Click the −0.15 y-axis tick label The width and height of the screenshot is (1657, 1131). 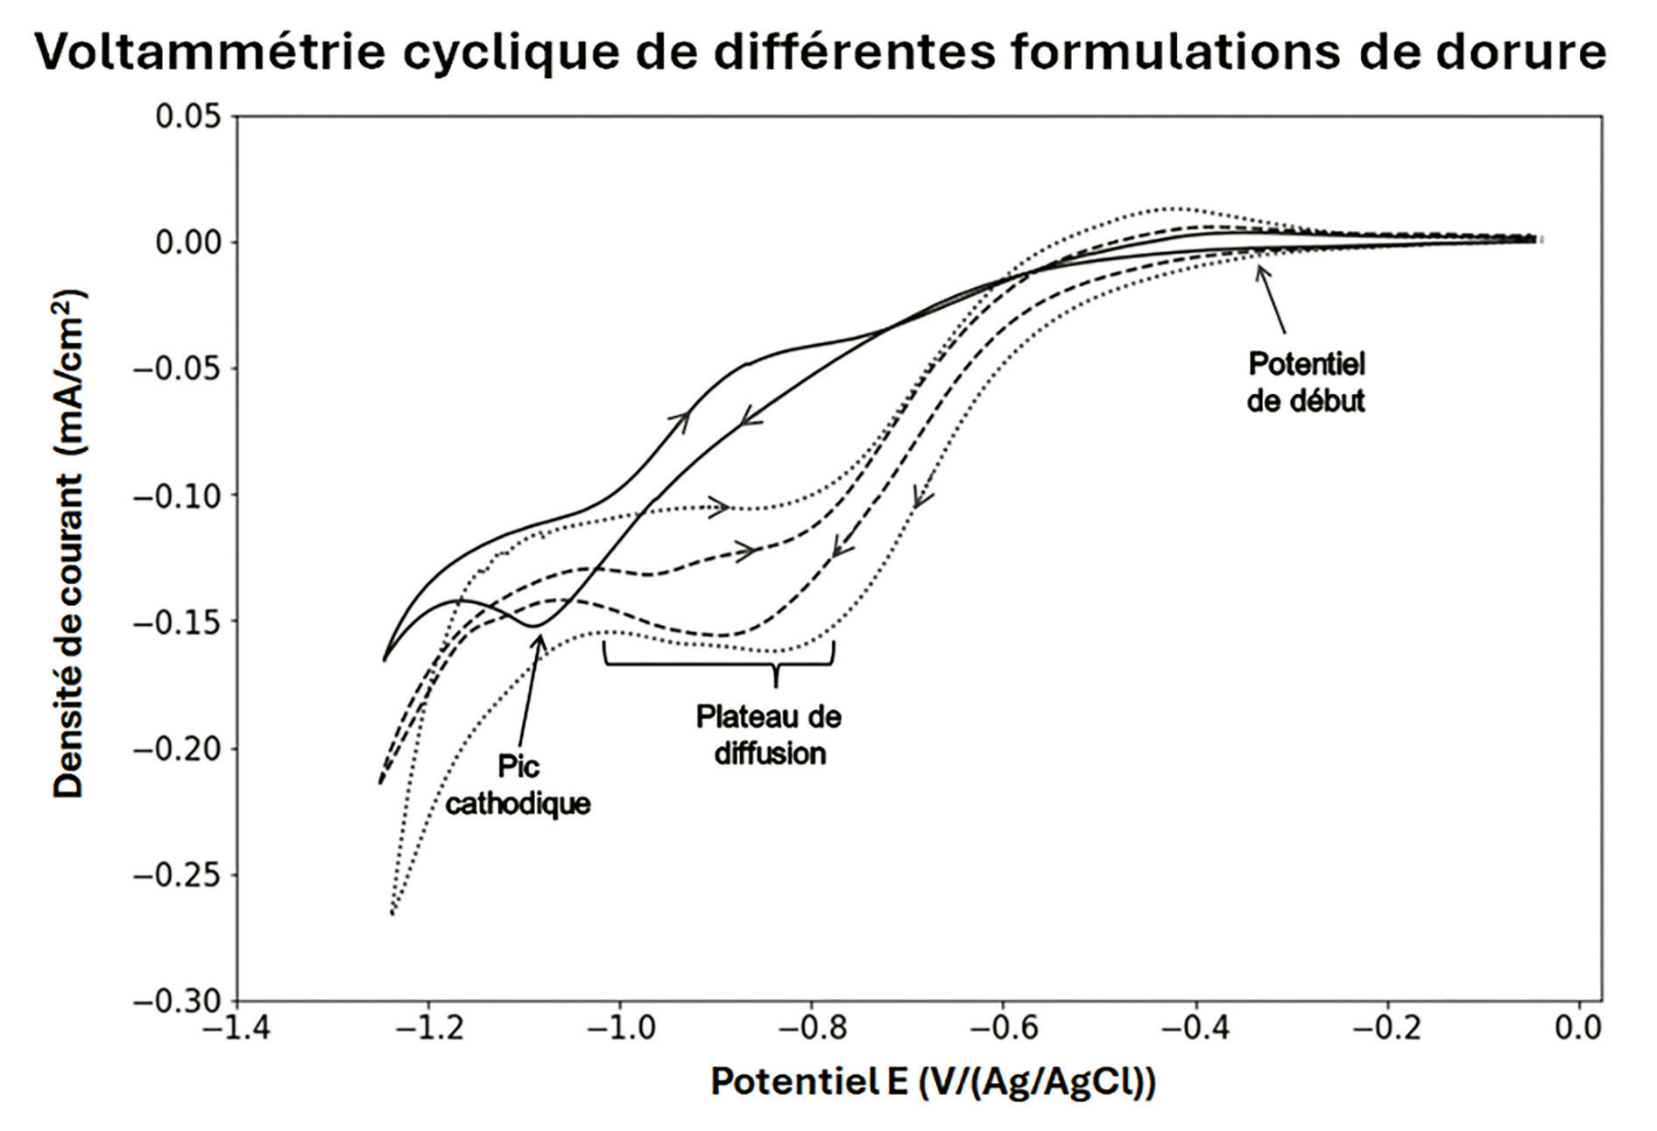point(178,622)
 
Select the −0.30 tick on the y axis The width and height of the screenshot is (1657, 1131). point(178,1001)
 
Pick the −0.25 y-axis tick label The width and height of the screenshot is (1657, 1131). point(178,875)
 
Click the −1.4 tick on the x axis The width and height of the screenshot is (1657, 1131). point(236,1027)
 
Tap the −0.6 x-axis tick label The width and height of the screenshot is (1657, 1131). point(1003,1027)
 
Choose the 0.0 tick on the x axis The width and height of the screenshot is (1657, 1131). point(1578,1027)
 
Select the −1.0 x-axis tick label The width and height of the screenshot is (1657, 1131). point(620,1027)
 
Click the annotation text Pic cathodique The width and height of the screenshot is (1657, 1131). point(518,785)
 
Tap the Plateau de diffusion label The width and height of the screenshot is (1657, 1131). point(769,735)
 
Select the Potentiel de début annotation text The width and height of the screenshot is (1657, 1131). point(1306,382)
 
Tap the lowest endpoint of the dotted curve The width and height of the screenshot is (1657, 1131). point(391,914)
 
